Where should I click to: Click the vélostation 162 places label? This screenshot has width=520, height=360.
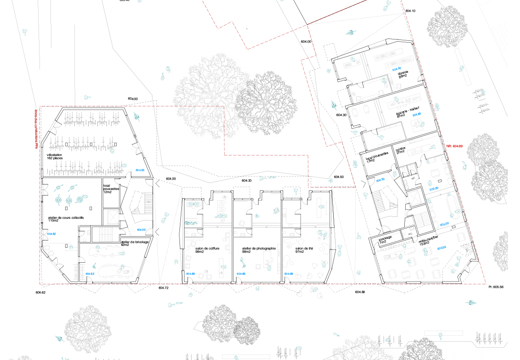[55, 156]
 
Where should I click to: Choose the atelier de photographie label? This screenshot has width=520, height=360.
[258, 250]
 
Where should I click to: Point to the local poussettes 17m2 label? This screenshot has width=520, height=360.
[378, 158]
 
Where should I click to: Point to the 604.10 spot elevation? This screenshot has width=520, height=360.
[410, 11]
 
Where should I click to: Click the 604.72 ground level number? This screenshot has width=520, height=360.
[164, 288]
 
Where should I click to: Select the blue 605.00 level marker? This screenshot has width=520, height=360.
[434, 188]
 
